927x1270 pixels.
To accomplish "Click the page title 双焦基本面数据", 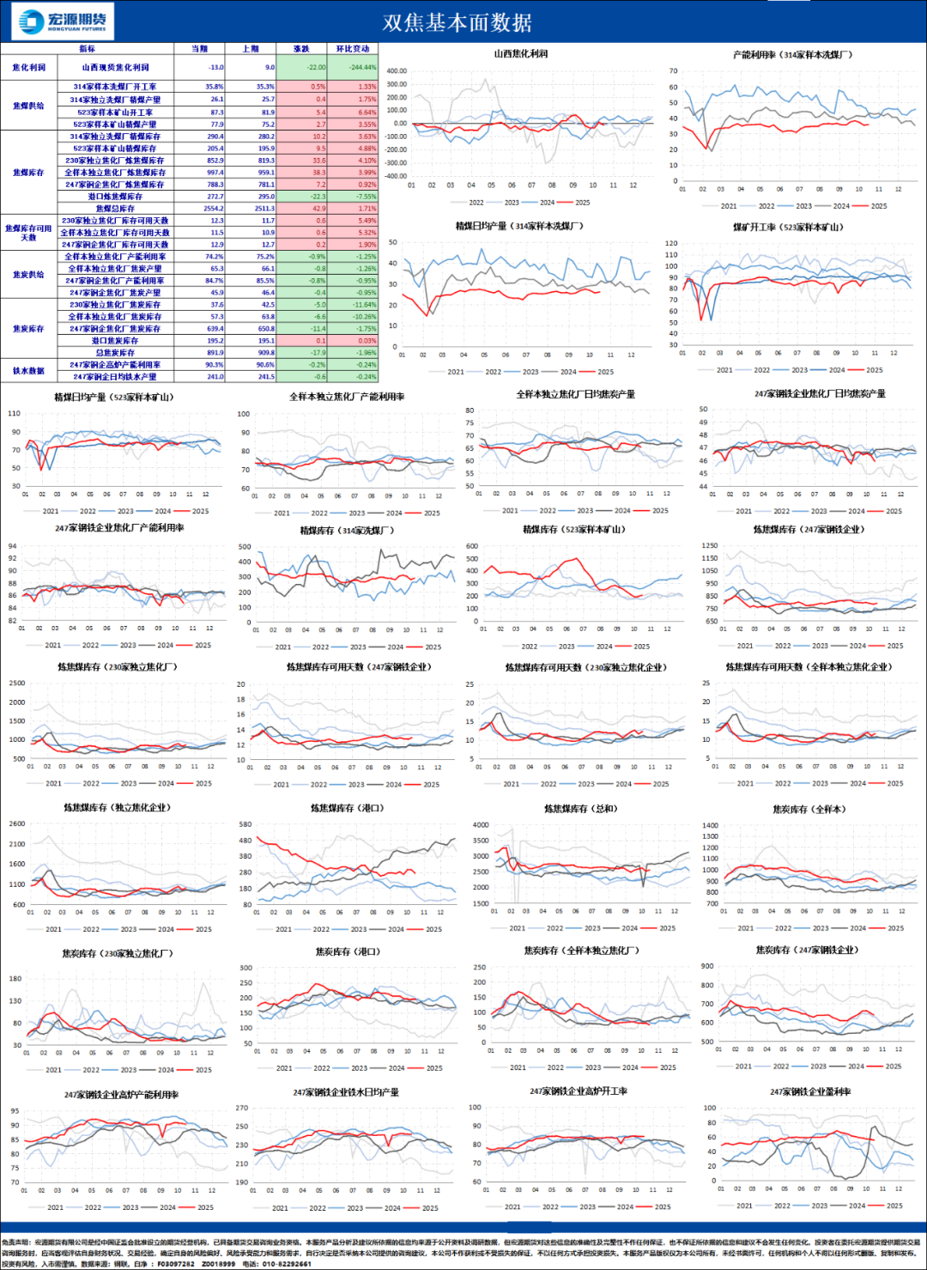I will click(x=457, y=22).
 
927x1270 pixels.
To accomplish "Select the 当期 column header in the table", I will click(x=199, y=49).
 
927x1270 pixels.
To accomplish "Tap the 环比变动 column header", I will click(x=353, y=49).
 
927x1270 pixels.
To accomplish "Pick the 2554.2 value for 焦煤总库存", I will click(x=214, y=209).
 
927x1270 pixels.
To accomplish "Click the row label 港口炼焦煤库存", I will click(x=115, y=197).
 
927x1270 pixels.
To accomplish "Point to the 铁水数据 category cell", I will click(x=28, y=371).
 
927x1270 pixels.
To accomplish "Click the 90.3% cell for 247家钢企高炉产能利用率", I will click(x=215, y=365).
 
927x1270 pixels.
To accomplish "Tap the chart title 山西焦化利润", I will click(x=520, y=54).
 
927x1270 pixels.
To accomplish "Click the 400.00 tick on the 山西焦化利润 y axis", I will click(x=396, y=71).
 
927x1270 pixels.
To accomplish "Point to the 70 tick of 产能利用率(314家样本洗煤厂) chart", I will click(x=674, y=71).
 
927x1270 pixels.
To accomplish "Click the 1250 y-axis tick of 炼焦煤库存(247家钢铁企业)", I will click(x=710, y=545).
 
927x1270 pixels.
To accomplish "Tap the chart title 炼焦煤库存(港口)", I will click(x=347, y=808).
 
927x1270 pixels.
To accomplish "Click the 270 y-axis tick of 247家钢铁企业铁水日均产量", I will click(x=242, y=1108).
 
